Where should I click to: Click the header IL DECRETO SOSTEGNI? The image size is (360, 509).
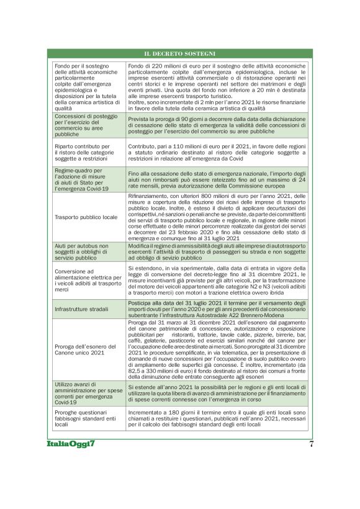pos(179,54)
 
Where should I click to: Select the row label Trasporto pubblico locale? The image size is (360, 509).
pos(86,217)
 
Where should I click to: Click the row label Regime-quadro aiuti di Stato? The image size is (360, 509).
pos(86,179)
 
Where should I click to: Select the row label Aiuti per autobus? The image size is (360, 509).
pos(86,250)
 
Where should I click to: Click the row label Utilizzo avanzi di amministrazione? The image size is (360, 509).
pos(86,394)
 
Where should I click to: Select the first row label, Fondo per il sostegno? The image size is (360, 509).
pos(86,86)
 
